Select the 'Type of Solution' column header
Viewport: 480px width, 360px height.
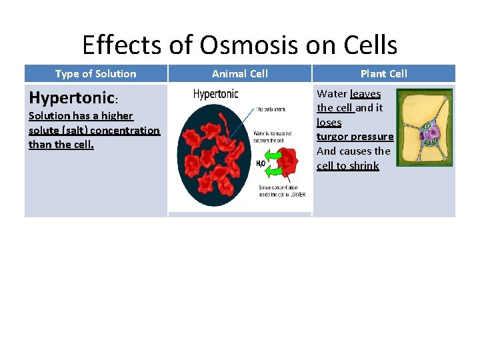(95, 74)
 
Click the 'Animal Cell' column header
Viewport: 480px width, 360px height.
(239, 74)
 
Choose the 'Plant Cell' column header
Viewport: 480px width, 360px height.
(383, 74)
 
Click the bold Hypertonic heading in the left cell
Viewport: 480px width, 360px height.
(72, 98)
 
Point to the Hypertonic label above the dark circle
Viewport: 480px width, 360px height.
(215, 94)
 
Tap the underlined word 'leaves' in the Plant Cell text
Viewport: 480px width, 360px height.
(365, 94)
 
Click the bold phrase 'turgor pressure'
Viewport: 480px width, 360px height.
(355, 137)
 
